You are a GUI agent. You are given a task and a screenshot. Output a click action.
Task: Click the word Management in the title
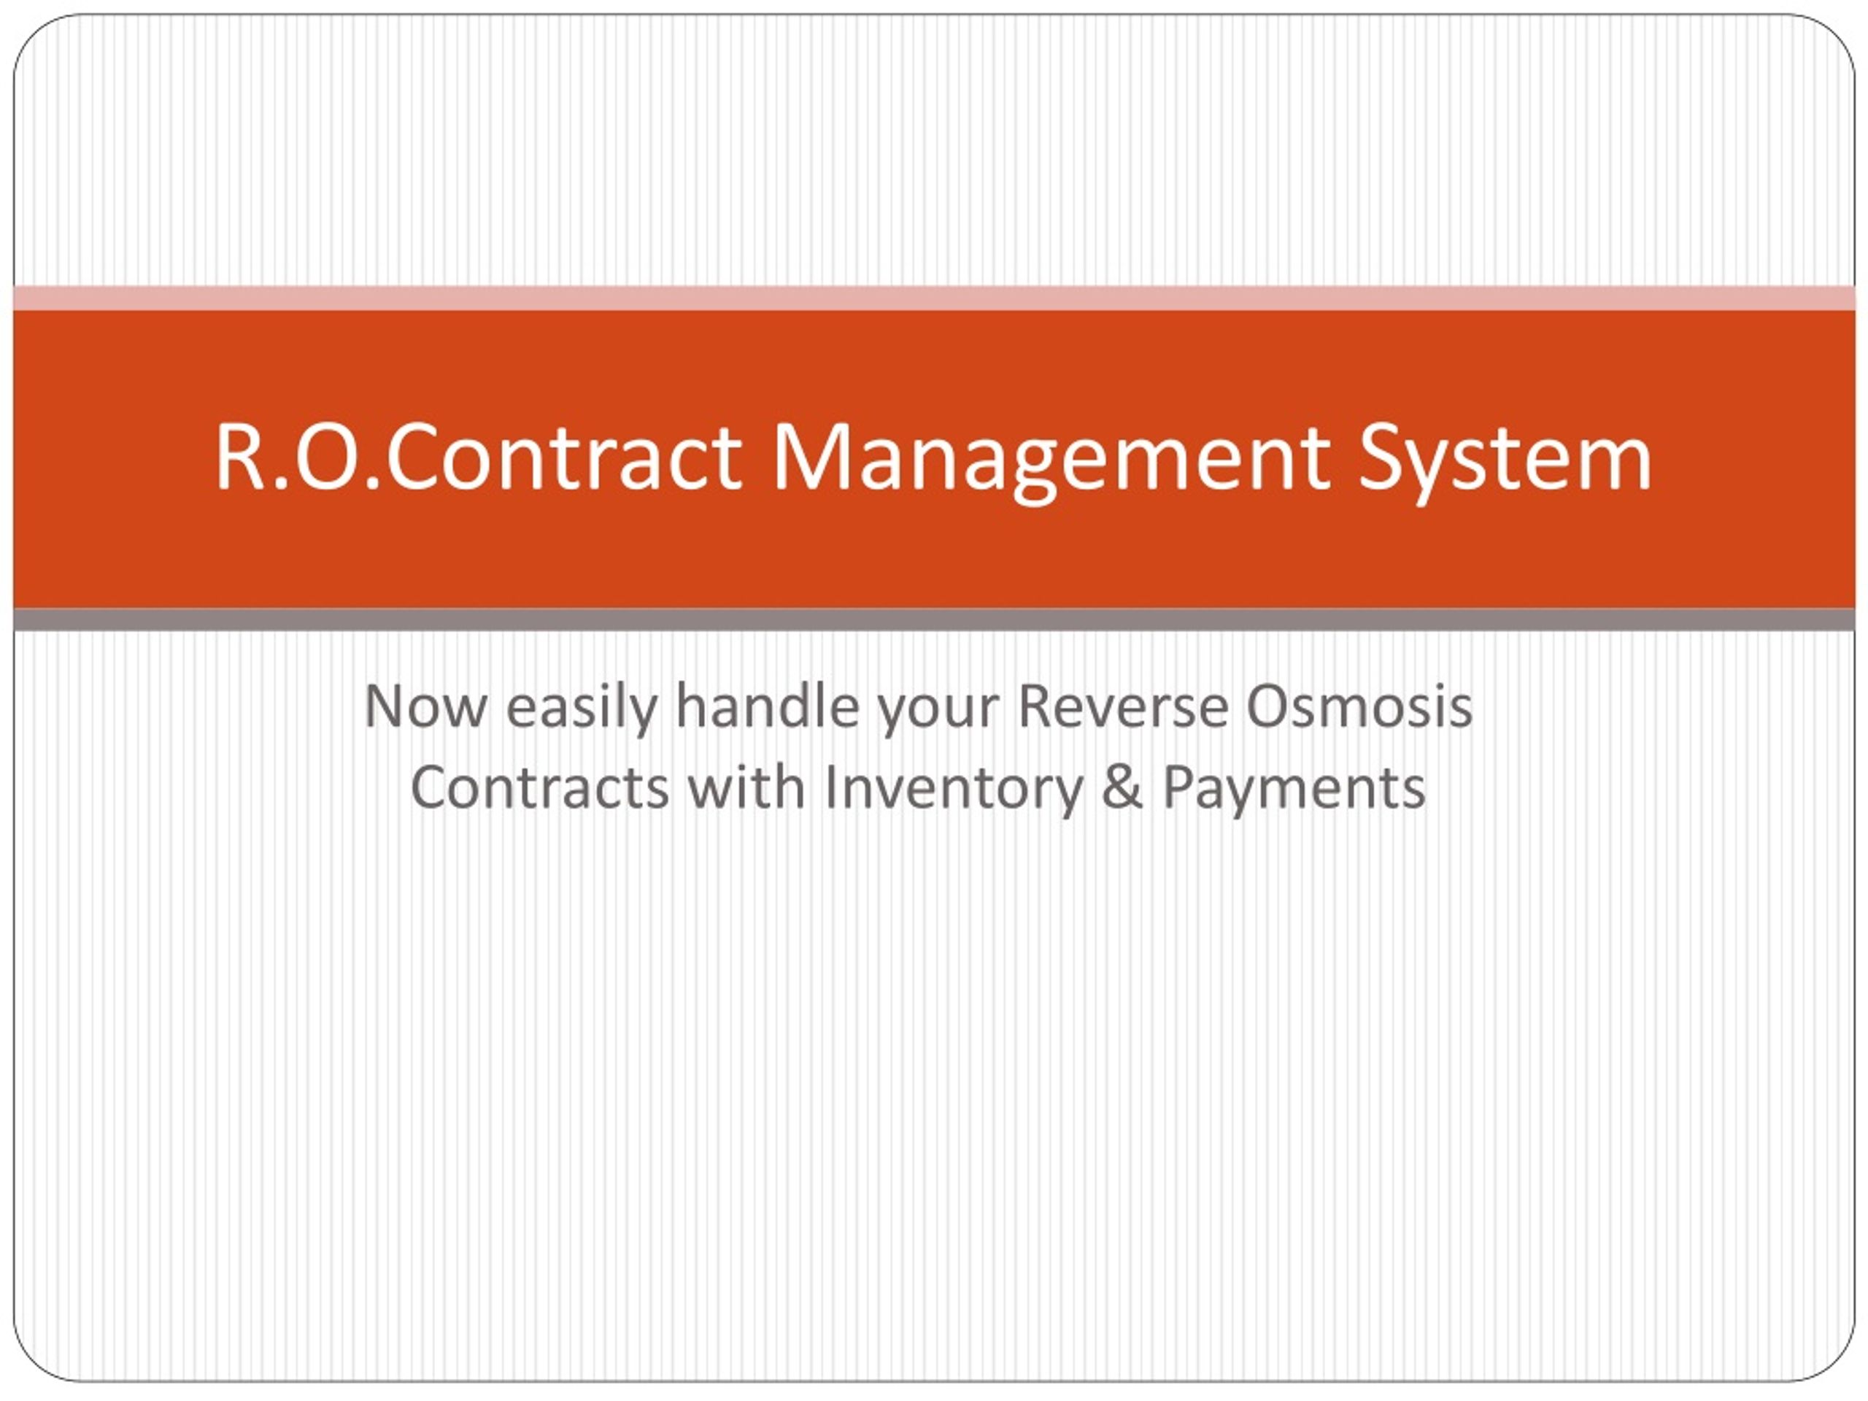pyautogui.click(x=1051, y=462)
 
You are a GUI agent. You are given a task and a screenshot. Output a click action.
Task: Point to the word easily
pyautogui.click(x=582, y=708)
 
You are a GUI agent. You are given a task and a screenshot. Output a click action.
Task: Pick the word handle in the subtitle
pyautogui.click(x=767, y=704)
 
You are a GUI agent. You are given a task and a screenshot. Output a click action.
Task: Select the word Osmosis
pyautogui.click(x=1359, y=705)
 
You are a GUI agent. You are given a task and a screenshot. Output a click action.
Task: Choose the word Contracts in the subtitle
pyautogui.click(x=540, y=788)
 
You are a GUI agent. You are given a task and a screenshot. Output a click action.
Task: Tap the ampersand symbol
pyautogui.click(x=1123, y=787)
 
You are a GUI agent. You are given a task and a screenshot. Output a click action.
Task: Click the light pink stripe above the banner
pyautogui.click(x=934, y=298)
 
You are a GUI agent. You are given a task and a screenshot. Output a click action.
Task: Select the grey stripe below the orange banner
pyautogui.click(x=934, y=620)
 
